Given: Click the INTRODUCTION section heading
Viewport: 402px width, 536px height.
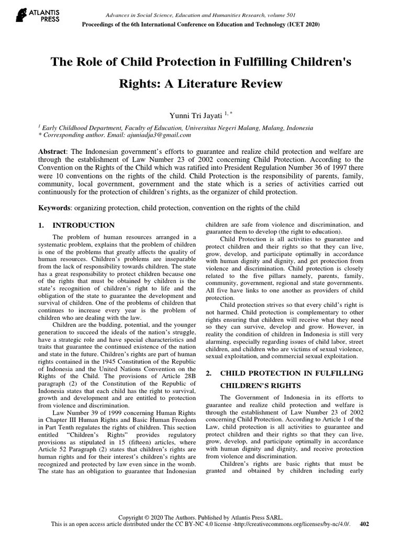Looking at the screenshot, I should pos(85,226).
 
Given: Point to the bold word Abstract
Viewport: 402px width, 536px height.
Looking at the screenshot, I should pos(54,151).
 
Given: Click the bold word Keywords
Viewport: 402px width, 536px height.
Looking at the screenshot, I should pos(56,208).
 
